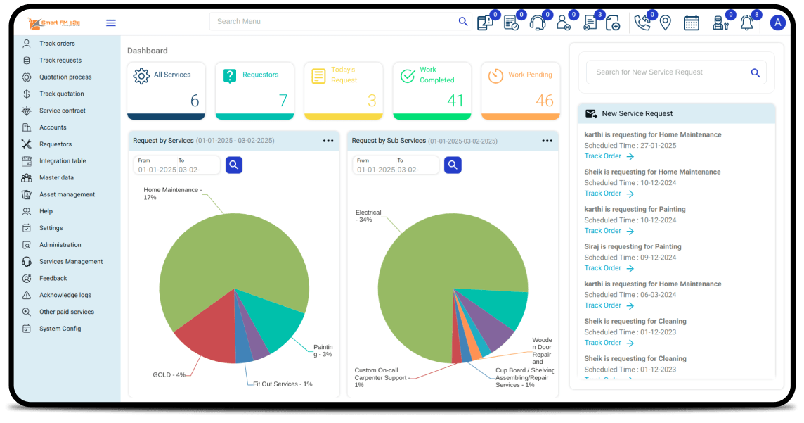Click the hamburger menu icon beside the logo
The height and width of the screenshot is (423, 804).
tap(111, 23)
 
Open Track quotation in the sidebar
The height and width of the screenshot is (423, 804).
tap(61, 94)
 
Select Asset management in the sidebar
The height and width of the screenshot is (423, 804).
tap(67, 194)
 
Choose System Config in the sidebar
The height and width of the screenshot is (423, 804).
tap(60, 329)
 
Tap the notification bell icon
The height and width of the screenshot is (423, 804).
tap(746, 23)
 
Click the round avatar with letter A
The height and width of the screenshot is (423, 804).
tap(777, 23)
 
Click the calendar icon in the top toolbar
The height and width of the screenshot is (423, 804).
tap(692, 23)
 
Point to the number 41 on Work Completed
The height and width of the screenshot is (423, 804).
tap(455, 101)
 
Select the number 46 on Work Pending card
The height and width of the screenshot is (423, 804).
tap(544, 101)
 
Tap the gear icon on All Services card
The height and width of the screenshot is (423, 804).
tap(141, 76)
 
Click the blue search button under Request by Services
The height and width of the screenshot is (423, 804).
tap(234, 165)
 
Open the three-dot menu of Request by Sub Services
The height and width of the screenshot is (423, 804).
tap(547, 141)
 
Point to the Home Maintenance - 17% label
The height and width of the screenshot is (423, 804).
tap(172, 194)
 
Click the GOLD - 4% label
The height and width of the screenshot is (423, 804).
tap(169, 374)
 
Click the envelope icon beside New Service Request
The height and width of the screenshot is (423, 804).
tap(591, 113)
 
